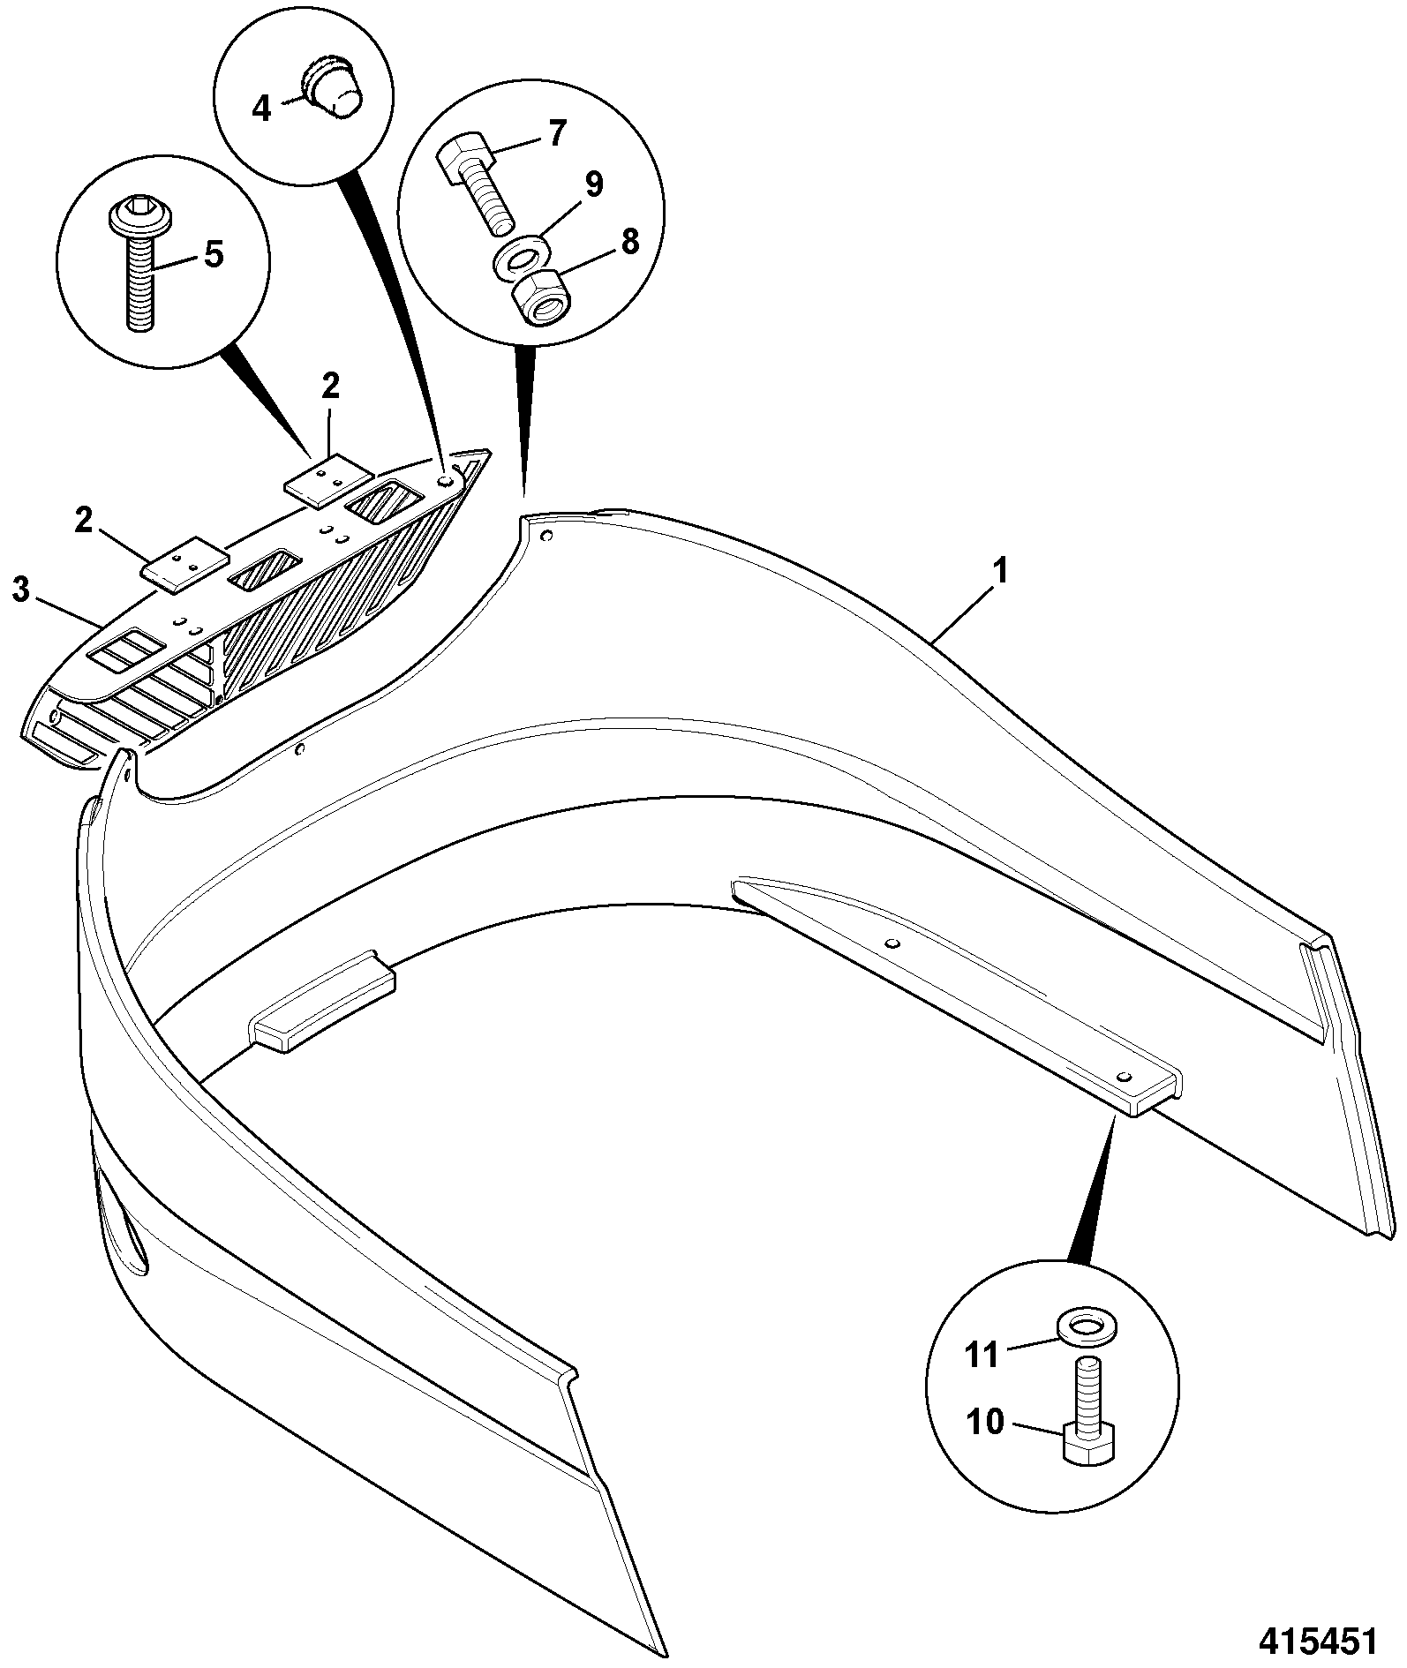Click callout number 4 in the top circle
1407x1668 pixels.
click(x=261, y=109)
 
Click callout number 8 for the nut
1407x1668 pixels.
click(x=629, y=241)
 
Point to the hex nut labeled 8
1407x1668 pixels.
click(x=541, y=298)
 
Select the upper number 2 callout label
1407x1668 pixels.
click(x=330, y=387)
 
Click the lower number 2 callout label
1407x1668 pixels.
click(x=84, y=521)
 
